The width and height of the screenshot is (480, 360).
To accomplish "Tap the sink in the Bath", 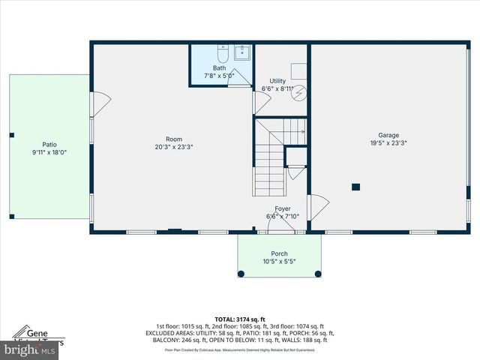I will click(x=242, y=52).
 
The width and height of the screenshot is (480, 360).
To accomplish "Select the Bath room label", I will click(x=219, y=68).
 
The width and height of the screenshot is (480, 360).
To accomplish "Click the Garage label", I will click(x=388, y=136).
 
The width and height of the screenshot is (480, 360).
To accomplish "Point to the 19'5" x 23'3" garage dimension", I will click(x=388, y=144).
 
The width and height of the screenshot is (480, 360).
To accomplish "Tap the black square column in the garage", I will click(x=356, y=187).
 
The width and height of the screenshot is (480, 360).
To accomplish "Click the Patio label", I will click(x=49, y=145).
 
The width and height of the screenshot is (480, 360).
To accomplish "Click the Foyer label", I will click(x=282, y=208).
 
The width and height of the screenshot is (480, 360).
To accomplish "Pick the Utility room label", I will click(x=277, y=81).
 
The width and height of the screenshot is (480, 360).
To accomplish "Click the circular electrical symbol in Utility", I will click(x=298, y=92).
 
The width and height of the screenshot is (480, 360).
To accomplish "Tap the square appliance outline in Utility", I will click(x=298, y=71).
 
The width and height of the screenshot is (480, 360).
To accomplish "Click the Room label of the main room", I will click(x=174, y=139).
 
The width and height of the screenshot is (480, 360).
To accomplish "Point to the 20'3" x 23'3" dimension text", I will click(x=174, y=147).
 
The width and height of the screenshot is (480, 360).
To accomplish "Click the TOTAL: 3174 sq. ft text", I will click(x=240, y=319).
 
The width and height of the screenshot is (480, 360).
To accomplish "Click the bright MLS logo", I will click(x=30, y=349).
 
